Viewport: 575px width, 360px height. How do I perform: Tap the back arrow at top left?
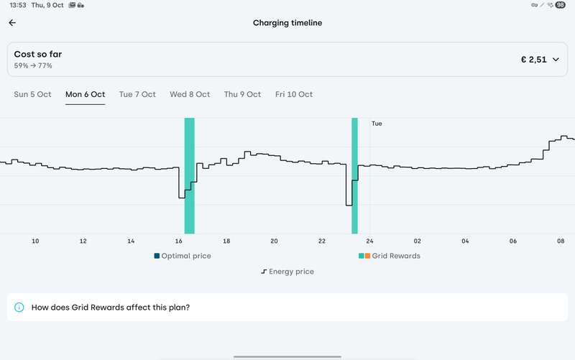[12, 23]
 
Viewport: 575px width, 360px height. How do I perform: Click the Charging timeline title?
[287, 23]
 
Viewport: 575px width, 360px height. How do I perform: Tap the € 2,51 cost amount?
[533, 60]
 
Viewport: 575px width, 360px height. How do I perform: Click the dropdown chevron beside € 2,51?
[556, 60]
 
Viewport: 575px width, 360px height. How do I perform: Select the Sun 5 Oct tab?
[33, 94]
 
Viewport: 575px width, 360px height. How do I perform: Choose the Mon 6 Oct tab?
[85, 94]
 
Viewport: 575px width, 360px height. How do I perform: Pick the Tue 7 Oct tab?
[137, 94]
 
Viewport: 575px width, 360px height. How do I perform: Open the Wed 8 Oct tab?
[190, 94]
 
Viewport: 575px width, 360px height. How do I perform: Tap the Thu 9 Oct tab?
[242, 94]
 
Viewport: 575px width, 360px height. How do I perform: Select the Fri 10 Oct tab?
[294, 94]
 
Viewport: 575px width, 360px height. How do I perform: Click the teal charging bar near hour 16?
[190, 176]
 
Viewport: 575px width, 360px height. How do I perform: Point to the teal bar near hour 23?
[354, 176]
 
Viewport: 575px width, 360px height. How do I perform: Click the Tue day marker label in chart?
[377, 124]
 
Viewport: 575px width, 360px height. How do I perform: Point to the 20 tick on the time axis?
[274, 241]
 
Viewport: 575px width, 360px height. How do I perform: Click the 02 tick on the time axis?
[417, 241]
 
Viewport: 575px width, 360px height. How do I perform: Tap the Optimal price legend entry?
[183, 256]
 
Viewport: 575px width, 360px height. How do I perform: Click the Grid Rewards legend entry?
[390, 256]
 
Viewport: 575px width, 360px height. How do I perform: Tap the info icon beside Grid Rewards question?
[19, 308]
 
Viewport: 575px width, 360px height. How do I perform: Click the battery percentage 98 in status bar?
[560, 5]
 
